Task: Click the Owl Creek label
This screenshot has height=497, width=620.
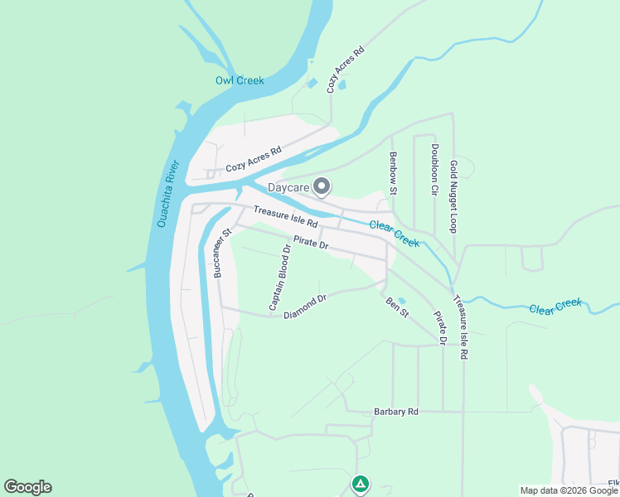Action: [240, 80]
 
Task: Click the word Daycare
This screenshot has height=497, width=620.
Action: [288, 188]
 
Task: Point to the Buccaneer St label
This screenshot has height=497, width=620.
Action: [218, 253]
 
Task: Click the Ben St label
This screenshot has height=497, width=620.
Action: [398, 307]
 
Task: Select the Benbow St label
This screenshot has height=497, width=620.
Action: [394, 173]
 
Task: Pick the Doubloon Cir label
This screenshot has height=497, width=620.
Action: [434, 170]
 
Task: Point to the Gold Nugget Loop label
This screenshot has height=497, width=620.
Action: [453, 196]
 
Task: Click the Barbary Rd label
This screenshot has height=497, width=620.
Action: [396, 411]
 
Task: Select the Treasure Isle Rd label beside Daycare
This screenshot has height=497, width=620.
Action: [285, 218]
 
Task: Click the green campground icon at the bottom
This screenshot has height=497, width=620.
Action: [360, 483]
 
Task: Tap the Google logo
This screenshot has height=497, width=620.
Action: [27, 487]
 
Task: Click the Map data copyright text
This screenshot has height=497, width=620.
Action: [569, 490]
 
